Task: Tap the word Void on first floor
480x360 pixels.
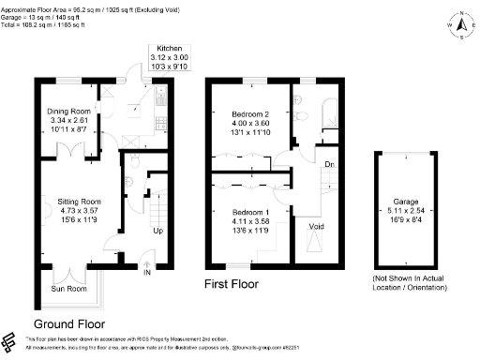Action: point(318,225)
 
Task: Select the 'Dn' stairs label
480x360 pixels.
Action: point(329,164)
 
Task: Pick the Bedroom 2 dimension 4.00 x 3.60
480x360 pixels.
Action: point(250,124)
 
